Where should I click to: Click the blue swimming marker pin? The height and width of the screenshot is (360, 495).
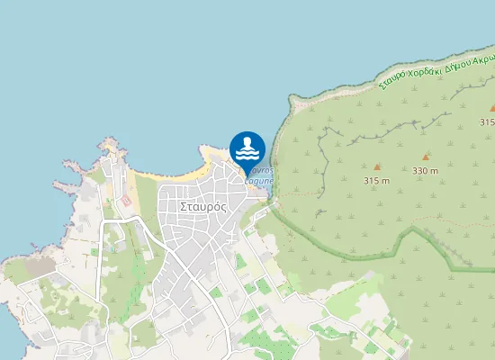(247, 149)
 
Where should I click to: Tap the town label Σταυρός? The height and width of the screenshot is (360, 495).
(202, 205)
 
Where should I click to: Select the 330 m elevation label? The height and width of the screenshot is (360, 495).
(425, 170)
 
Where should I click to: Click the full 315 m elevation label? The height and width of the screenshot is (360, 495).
(376, 180)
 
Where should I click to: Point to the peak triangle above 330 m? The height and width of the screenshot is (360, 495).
(426, 157)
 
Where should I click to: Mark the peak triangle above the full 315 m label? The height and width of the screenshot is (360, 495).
(377, 166)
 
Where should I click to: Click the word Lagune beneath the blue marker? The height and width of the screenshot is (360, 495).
(258, 180)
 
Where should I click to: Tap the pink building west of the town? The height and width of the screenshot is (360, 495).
(127, 198)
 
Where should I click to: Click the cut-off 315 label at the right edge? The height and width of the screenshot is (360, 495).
(487, 121)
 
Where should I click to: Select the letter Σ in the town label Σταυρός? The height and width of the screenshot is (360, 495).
(184, 205)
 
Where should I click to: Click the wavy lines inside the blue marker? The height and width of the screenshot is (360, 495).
(247, 155)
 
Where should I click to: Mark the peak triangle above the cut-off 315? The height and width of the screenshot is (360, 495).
(492, 108)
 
